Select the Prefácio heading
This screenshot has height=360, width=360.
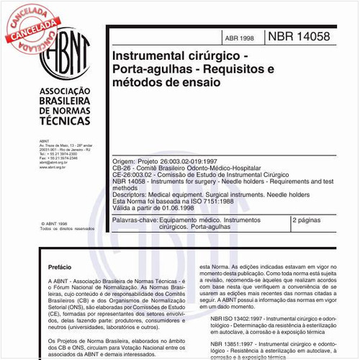(x=59, y=266)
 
